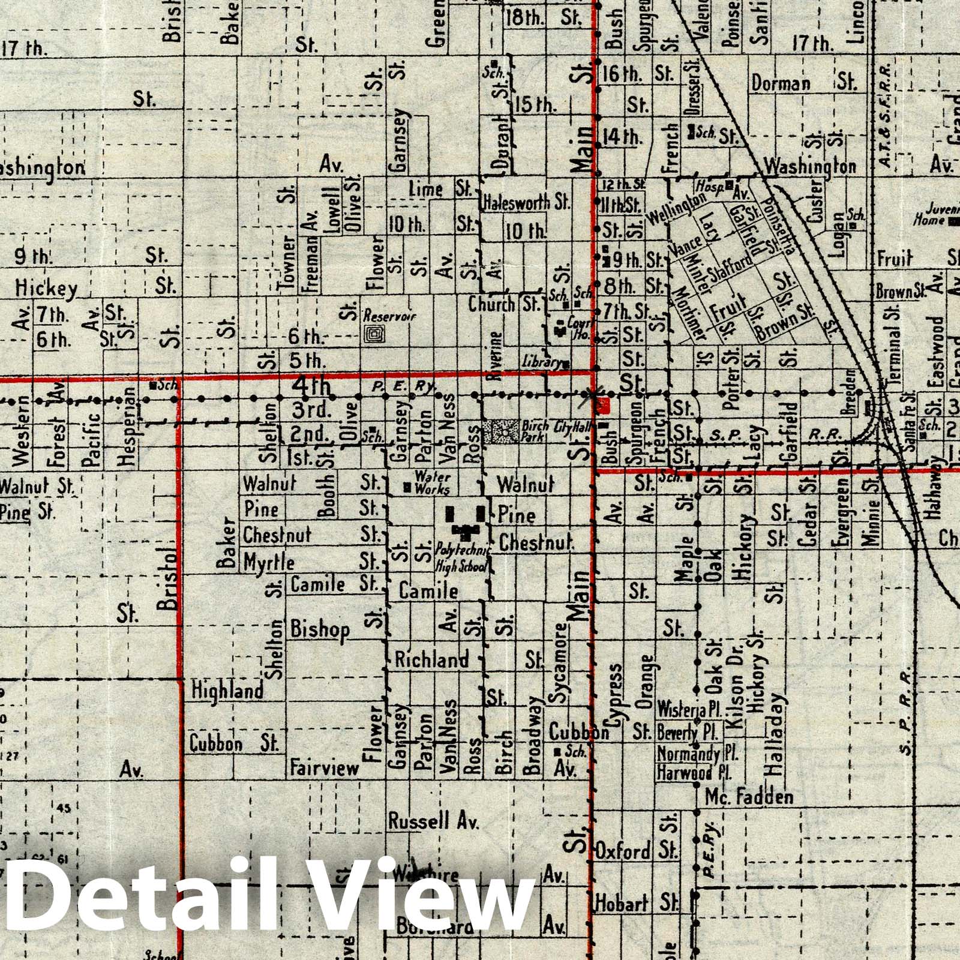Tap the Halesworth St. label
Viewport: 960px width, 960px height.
(526, 203)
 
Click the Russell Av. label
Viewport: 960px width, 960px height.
(433, 821)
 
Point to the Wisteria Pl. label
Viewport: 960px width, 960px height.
(689, 709)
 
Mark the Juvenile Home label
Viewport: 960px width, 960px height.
(940, 215)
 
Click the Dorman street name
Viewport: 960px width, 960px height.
(780, 83)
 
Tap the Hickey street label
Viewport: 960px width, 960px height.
(46, 289)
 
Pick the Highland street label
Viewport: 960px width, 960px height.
(227, 691)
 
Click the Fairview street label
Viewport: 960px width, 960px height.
(324, 767)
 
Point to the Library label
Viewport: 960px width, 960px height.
(542, 362)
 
